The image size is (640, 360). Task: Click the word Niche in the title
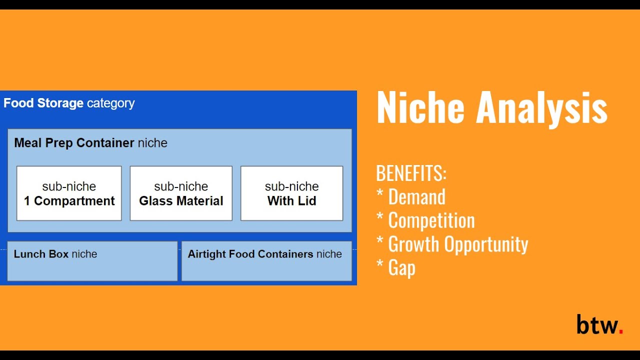coord(420,107)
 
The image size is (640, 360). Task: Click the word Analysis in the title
coord(541,108)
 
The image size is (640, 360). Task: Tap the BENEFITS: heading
coord(411,173)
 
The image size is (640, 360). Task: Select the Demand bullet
coord(416,197)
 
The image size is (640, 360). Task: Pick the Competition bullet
coord(431,220)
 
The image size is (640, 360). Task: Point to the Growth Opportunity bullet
coord(457,244)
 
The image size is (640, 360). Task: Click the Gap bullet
coord(401,268)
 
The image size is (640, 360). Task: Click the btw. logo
coord(599,324)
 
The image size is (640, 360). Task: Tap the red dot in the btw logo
coord(620,331)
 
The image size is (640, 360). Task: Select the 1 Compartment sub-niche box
coord(69,193)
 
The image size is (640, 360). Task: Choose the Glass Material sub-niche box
coord(181,193)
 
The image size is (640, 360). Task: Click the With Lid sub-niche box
coord(291,193)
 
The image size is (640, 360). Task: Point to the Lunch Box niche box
coord(92,261)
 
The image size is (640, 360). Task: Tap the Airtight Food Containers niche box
coord(266,261)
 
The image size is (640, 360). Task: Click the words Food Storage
coord(43,103)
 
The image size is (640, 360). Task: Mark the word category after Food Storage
coord(110,103)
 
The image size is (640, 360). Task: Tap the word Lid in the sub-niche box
coord(307,201)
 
